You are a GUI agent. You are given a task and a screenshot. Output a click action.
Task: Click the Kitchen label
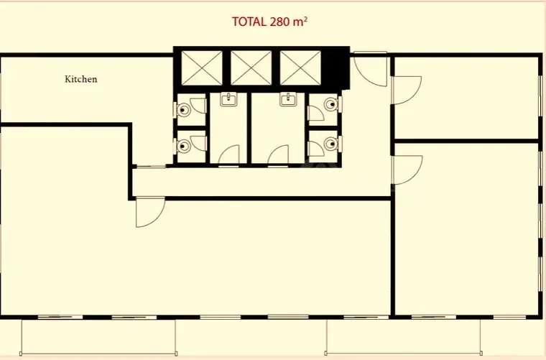pos(80,79)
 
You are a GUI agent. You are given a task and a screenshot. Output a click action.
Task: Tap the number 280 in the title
pos(279,22)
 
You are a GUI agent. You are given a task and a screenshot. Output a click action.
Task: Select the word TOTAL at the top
pos(249,22)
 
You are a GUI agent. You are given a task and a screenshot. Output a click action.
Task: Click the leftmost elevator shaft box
pos(202,68)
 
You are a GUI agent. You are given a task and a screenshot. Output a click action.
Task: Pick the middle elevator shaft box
pos(251,68)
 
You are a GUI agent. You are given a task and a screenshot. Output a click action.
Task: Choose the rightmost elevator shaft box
pos(300,68)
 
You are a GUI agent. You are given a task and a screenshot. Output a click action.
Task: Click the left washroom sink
pos(228,100)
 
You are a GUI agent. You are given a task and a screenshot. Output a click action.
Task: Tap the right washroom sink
pos(288,100)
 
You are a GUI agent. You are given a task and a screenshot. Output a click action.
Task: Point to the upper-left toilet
pos(182,110)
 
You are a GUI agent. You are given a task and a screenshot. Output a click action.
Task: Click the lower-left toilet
pos(182,146)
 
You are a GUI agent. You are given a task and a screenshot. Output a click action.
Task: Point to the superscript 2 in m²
pos(305,19)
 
